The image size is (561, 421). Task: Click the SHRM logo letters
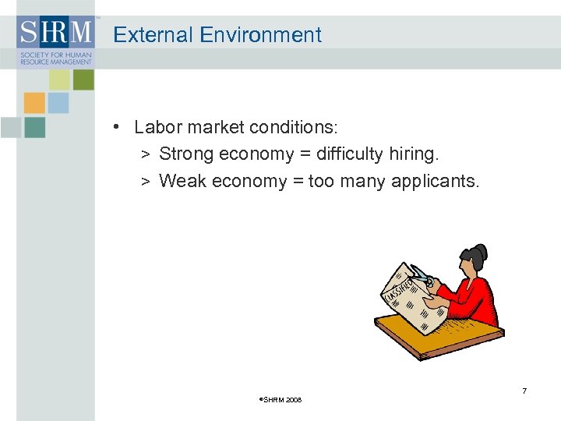55,33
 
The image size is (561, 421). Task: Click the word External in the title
153,35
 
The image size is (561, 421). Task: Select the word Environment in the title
260,35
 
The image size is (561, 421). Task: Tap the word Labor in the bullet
156,127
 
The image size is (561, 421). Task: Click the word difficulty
346,154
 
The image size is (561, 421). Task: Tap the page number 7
524,391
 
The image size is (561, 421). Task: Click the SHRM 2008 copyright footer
280,400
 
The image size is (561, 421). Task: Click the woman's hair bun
480,252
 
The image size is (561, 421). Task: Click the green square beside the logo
83,80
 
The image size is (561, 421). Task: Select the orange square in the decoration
34,103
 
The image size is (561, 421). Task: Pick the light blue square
58,103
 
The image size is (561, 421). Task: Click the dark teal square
34,127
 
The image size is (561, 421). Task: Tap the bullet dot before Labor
115,127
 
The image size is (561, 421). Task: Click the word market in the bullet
213,127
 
